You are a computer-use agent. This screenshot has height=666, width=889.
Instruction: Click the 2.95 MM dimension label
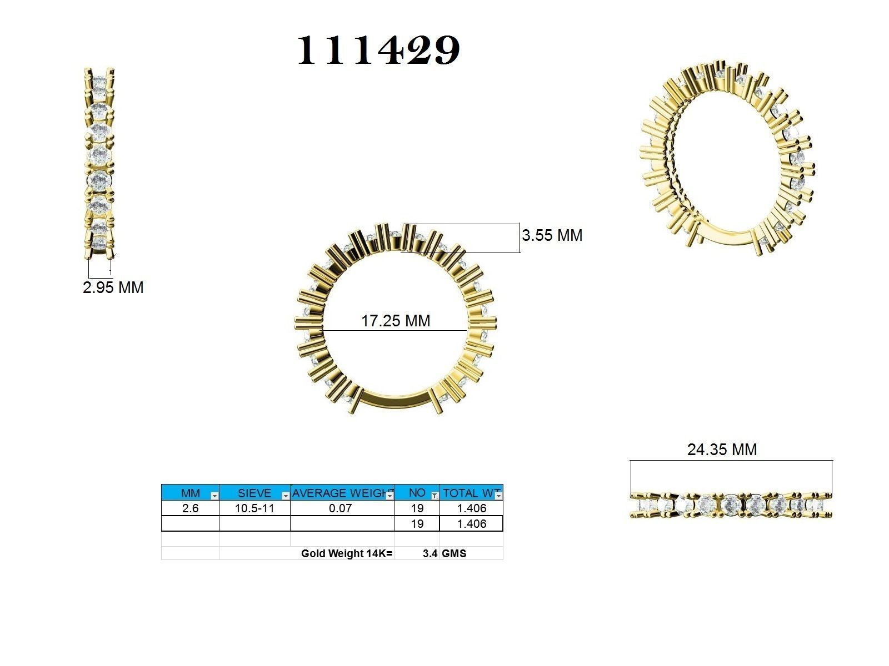[x=113, y=287]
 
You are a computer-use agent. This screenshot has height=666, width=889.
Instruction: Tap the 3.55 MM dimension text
[x=552, y=235]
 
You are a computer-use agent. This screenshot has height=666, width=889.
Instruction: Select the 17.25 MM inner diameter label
[x=396, y=321]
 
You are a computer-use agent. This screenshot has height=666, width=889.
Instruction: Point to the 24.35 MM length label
[x=722, y=449]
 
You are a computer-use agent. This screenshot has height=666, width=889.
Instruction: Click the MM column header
[x=190, y=493]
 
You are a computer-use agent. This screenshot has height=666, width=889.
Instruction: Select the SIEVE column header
[x=254, y=493]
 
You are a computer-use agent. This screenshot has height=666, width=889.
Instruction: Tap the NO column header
[x=416, y=493]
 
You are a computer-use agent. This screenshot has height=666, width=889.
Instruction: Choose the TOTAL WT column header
[x=468, y=493]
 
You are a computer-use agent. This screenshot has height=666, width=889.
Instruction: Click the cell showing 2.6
[x=190, y=508]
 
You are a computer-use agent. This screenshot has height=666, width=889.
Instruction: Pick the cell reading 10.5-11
[x=254, y=508]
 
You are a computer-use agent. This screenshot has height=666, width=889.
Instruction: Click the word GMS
[x=454, y=553]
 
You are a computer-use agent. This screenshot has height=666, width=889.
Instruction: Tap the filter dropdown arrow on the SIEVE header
[x=286, y=495]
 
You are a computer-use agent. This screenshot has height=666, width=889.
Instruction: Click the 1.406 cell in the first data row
[x=471, y=508]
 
